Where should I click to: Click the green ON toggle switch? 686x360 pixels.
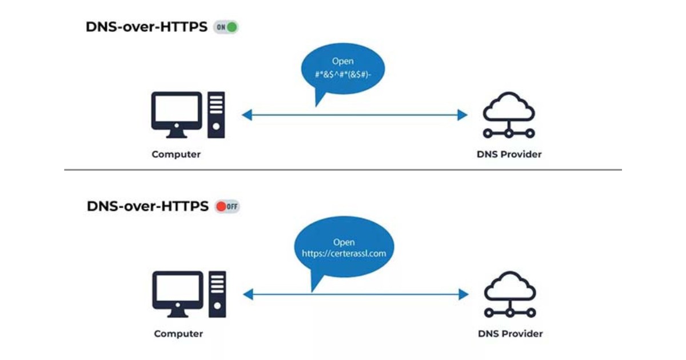[226, 27]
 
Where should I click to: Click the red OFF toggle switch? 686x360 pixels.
[227, 206]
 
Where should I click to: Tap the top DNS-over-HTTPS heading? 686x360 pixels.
[146, 27]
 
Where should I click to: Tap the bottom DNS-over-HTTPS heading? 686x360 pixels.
[147, 206]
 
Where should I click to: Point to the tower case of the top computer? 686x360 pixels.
[216, 114]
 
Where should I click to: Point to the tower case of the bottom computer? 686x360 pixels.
[217, 294]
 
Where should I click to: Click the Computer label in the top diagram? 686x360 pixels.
[176, 154]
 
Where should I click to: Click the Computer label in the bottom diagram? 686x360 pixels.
[178, 334]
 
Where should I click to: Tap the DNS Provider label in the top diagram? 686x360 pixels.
[509, 154]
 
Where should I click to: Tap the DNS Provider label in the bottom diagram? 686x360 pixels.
[510, 334]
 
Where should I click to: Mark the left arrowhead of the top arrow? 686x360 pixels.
[246, 115]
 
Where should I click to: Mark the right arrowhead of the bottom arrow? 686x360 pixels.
[464, 294]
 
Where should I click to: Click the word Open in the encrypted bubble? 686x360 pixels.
[343, 61]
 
